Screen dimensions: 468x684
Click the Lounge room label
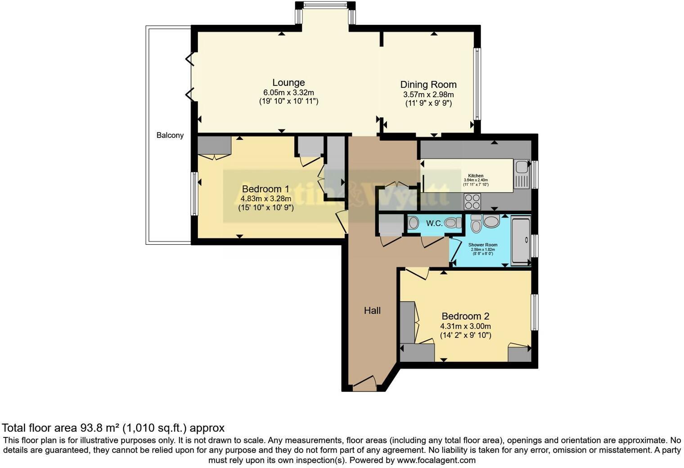(288, 83)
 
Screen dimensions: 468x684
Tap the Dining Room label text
(428, 85)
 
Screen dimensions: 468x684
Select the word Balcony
(170, 135)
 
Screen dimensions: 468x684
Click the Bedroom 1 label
(265, 189)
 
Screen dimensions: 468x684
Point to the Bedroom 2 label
(465, 316)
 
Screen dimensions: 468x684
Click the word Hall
(372, 310)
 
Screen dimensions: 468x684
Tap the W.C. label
(434, 223)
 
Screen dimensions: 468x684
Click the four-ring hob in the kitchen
(472, 201)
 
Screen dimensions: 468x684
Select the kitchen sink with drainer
(522, 175)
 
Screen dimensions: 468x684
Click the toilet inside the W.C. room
(453, 223)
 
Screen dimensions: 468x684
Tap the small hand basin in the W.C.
(413, 223)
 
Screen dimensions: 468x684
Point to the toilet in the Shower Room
(491, 222)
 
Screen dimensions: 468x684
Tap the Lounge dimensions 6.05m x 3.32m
(288, 92)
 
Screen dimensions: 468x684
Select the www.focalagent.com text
(436, 460)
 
